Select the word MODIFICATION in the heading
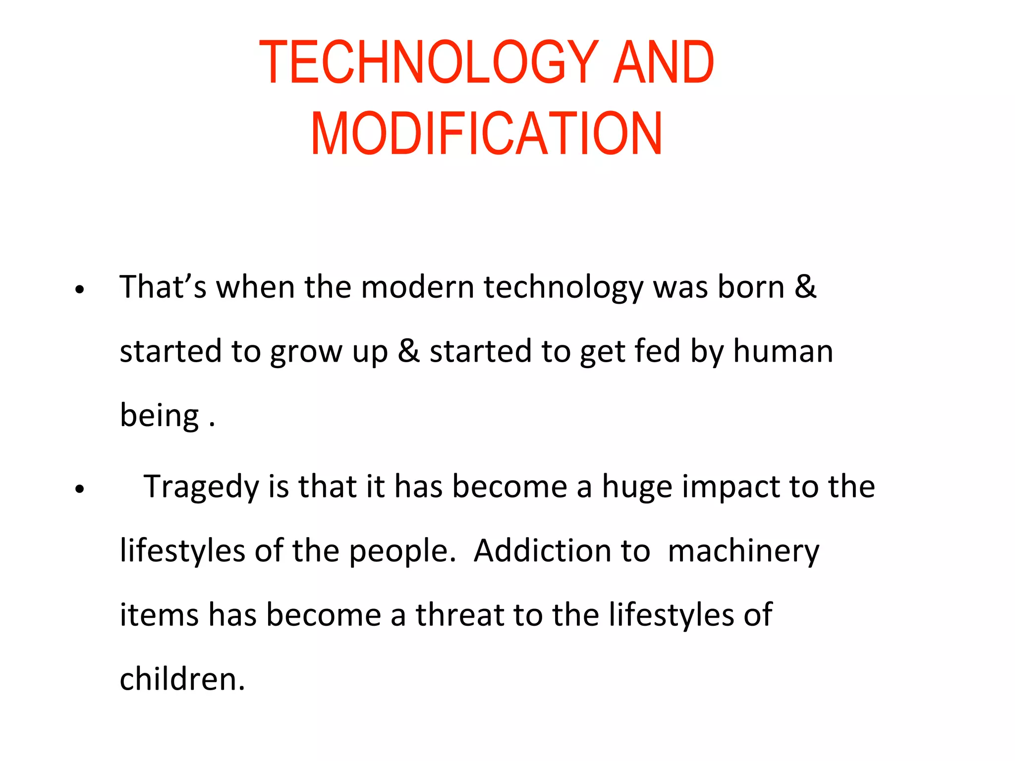click(486, 133)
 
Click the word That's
click(163, 287)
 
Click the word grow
click(306, 352)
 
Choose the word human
click(783, 351)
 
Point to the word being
click(160, 416)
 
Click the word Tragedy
click(201, 487)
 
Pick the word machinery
click(743, 551)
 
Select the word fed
click(657, 351)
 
